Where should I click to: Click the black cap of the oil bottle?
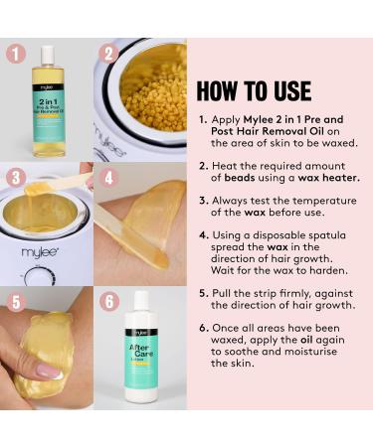(x=48, y=51)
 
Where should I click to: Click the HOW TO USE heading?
(x=255, y=90)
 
